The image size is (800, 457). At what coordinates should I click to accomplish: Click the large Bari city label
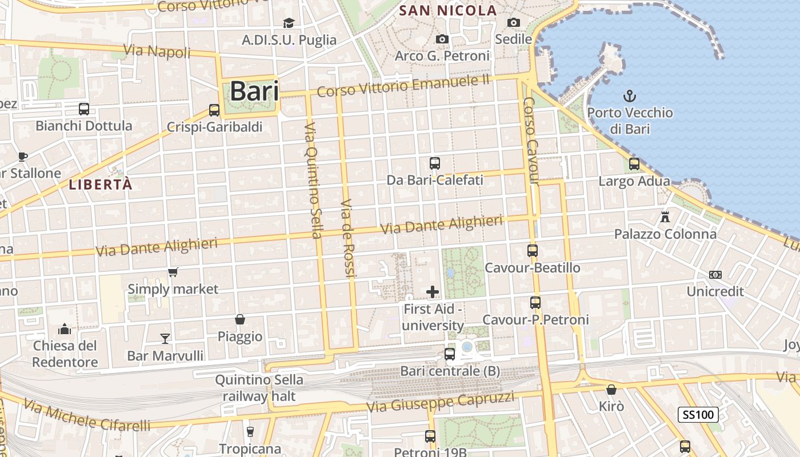pos(254,91)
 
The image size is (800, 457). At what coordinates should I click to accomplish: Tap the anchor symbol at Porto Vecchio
pos(629,95)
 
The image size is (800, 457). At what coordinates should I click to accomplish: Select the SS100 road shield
pos(698,414)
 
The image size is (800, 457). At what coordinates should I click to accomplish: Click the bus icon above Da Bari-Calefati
pos(435,163)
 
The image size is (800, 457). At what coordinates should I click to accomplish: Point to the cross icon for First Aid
pos(433,292)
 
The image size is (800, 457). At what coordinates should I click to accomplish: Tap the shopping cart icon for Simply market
pos(173,272)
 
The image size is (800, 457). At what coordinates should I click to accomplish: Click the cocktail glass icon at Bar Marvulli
pos(165,338)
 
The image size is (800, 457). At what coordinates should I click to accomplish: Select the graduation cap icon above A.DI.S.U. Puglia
pos(289,23)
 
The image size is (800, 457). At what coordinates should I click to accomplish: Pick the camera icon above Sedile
pos(514,22)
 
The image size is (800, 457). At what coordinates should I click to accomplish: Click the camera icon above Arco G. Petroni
pos(442,39)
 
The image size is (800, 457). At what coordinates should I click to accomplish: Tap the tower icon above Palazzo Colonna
pos(665,217)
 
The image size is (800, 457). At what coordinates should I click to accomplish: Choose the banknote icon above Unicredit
pos(715,275)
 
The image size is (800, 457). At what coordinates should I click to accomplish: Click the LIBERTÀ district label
pos(101,185)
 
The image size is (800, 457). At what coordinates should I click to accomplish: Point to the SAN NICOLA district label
pos(448,10)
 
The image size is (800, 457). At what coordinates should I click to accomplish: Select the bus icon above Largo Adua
pos(634,164)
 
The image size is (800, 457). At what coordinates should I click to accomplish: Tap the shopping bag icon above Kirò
pos(611,390)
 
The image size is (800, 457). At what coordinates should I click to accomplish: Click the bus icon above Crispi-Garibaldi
pos(214,110)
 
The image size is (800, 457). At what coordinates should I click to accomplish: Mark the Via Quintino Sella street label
pos(313,180)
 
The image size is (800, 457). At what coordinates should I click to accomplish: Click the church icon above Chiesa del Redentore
pos(65,329)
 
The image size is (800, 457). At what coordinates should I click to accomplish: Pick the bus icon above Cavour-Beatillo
pos(532,250)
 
